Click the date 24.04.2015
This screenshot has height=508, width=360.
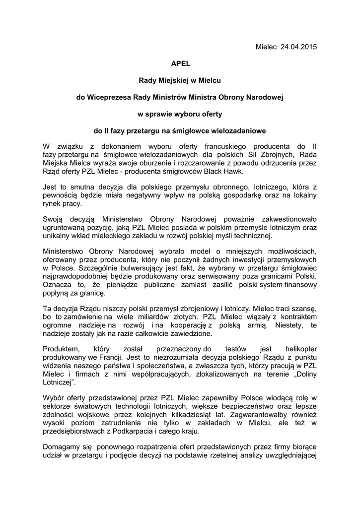pos(299,47)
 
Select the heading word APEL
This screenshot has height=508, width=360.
pos(180,63)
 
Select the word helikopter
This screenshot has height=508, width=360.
pos(297,348)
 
